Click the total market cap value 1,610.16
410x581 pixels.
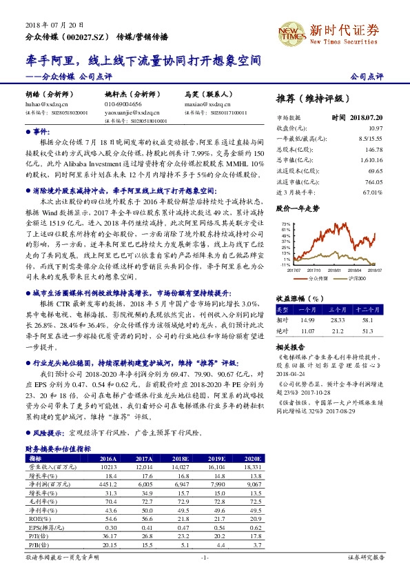370,159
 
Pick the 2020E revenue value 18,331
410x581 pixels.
252,466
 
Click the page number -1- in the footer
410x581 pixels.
205,557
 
